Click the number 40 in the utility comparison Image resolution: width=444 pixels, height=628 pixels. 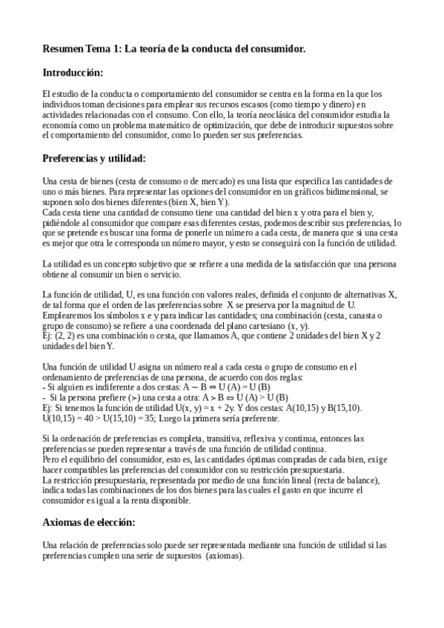pyautogui.click(x=89, y=418)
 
